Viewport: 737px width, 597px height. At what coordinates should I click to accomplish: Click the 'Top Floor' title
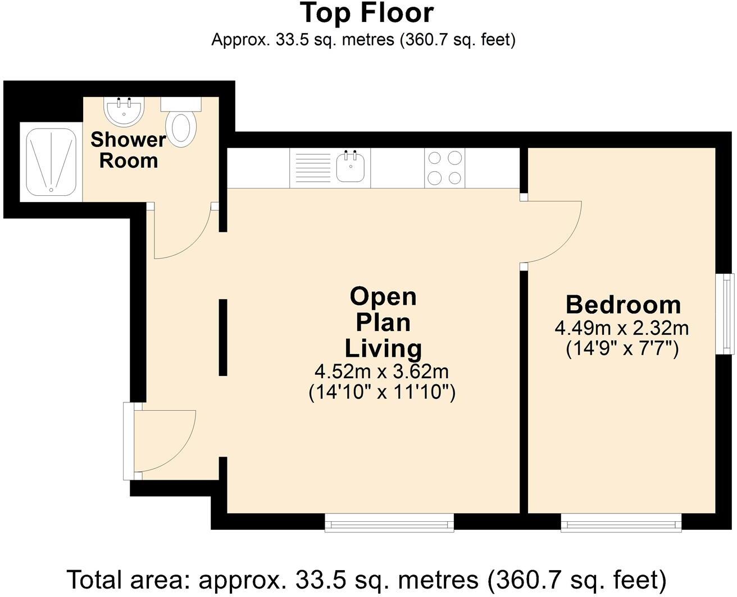pos(367,13)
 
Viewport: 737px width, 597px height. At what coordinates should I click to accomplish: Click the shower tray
pos(51,162)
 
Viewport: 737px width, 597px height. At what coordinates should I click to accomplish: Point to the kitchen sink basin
pos(351,166)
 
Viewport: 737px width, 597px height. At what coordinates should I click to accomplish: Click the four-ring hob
pos(445,168)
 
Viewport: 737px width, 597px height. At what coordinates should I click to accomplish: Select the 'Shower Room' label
pos(129,150)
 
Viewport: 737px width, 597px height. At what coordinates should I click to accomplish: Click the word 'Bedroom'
pos(623,305)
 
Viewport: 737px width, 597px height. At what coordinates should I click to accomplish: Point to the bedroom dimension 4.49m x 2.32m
pos(622,328)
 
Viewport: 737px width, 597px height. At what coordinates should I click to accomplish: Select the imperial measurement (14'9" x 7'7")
pos(622,349)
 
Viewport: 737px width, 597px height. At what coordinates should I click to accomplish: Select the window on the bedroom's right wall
pos(725,314)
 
